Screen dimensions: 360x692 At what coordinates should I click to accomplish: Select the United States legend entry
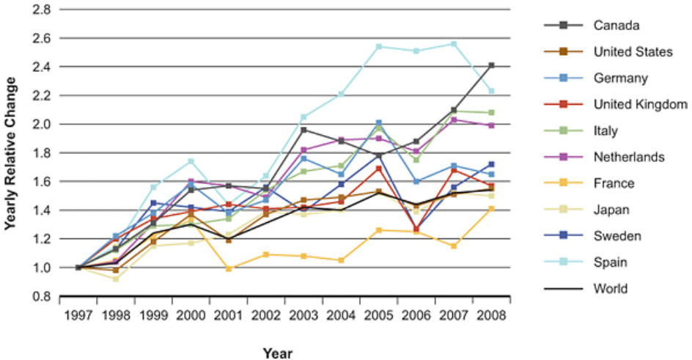click(633, 51)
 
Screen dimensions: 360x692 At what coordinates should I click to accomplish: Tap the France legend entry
click(613, 183)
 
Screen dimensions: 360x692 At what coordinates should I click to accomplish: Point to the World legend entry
click(611, 288)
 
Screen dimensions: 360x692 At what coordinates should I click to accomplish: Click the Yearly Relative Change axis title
click(10, 153)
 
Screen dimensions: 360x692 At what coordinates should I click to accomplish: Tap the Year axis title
click(278, 353)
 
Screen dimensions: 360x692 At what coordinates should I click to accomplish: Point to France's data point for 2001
click(229, 268)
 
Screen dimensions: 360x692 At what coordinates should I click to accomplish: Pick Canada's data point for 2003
click(303, 130)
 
